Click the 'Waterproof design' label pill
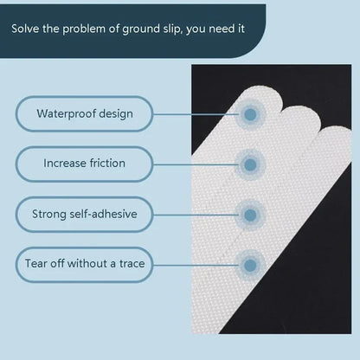pos(84,113)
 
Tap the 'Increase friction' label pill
pos(84,163)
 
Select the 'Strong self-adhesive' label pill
pos(84,213)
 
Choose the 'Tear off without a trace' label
pos(84,262)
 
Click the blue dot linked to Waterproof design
pos(250,113)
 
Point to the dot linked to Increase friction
pos(250,163)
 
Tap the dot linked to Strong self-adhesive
pos(250,213)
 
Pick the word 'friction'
pos(106,163)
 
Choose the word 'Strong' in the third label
pos(49,213)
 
